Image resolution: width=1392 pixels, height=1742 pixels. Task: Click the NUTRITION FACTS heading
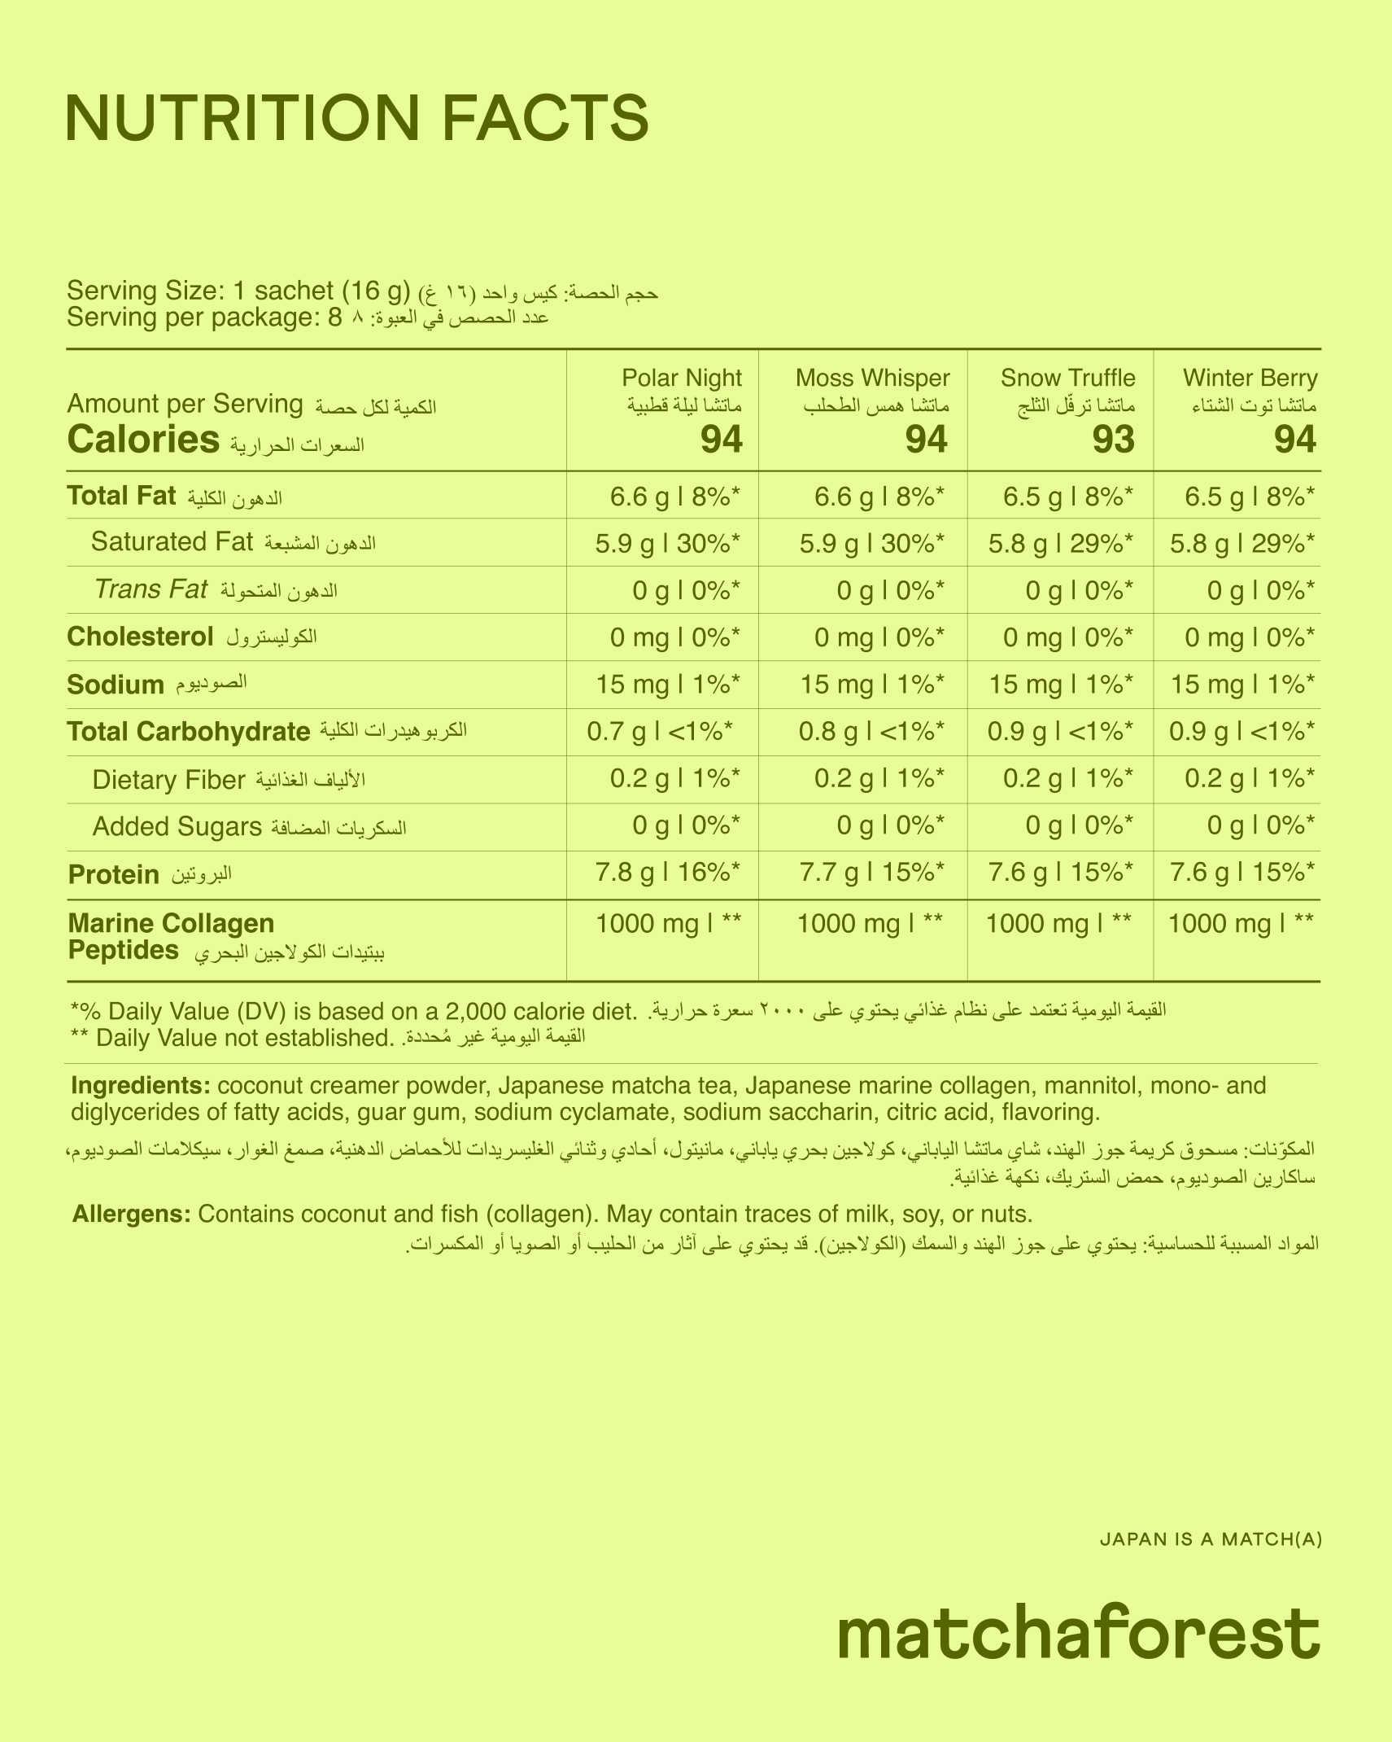point(357,118)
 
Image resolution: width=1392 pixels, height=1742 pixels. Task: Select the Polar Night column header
point(681,378)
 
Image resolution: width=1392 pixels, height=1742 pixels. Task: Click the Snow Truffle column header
point(1067,378)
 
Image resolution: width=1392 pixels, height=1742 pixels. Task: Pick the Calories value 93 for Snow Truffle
point(1113,440)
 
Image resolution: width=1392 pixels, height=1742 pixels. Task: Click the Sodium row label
point(116,685)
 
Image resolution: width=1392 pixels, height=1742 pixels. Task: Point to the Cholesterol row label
point(140,637)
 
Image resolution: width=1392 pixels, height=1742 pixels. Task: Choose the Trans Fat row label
point(151,589)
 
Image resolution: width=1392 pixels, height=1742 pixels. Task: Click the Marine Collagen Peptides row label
point(171,936)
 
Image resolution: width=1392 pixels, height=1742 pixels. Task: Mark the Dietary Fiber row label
point(168,780)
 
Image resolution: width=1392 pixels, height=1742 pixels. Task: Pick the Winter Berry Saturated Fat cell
point(1241,542)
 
